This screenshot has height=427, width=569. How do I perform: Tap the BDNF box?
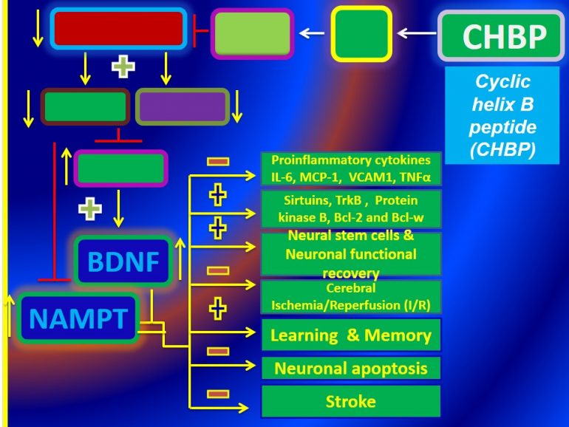pos(125,261)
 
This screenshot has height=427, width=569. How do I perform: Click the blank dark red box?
pos(117,28)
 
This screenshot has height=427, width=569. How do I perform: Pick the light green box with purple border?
pos(253,33)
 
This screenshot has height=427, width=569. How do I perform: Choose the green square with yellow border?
pos(360,33)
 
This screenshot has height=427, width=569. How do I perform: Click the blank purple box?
pos(183,106)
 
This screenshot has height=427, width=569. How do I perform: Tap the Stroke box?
pos(351,402)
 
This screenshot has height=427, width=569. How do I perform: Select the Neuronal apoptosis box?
pos(351,368)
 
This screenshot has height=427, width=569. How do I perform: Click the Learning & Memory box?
pos(351,335)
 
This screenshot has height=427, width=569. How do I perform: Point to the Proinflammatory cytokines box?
pos(351,169)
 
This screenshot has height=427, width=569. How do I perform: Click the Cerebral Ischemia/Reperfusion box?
pos(351,297)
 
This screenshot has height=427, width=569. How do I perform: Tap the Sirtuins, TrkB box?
pos(351,209)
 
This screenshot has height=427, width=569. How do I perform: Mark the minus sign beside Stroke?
pos(217,394)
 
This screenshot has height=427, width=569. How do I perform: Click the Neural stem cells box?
pos(351,253)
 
